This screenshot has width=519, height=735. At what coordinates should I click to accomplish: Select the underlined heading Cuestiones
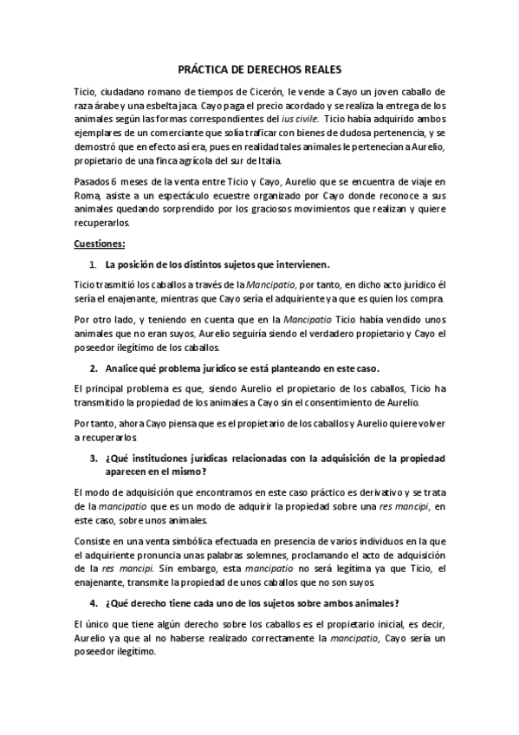[x=100, y=244]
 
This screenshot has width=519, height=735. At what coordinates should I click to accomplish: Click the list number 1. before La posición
[x=94, y=263]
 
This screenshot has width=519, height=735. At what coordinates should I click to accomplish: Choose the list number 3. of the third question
[x=94, y=458]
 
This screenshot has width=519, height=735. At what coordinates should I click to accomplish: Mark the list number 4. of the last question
[x=94, y=603]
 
